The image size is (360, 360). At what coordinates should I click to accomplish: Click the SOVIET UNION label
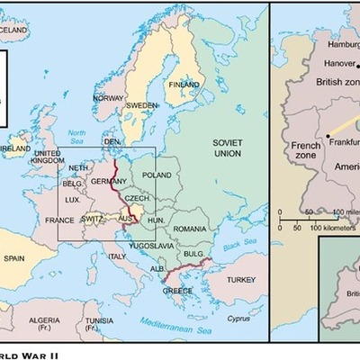coord(228,149)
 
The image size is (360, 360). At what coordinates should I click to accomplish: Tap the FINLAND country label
coord(184,85)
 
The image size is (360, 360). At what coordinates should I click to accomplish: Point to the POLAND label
coord(156,175)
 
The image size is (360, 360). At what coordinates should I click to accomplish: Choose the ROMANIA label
coord(190,229)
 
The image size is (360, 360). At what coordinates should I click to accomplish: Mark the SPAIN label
coord(13,258)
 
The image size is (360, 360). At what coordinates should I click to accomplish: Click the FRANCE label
coord(58,220)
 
